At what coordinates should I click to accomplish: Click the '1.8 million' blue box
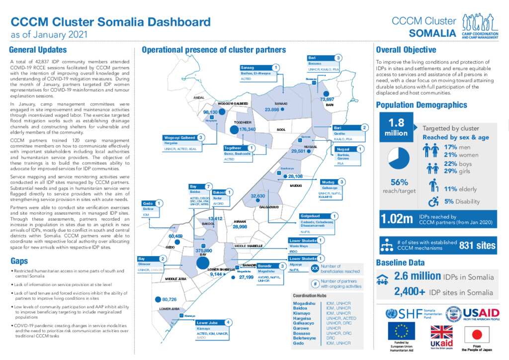click(x=396, y=127)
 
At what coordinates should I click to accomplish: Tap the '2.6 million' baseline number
click(x=417, y=276)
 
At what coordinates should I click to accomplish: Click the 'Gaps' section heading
click(x=19, y=261)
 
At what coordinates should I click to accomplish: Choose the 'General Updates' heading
click(x=38, y=50)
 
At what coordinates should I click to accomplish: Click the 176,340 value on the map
click(x=247, y=129)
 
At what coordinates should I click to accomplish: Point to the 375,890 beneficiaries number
click(x=203, y=251)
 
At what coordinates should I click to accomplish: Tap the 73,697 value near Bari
click(x=327, y=99)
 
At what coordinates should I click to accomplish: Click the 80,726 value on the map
click(x=169, y=299)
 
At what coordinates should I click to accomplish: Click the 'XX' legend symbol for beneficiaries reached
click(x=314, y=269)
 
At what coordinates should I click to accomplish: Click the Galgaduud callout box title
click(x=313, y=216)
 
